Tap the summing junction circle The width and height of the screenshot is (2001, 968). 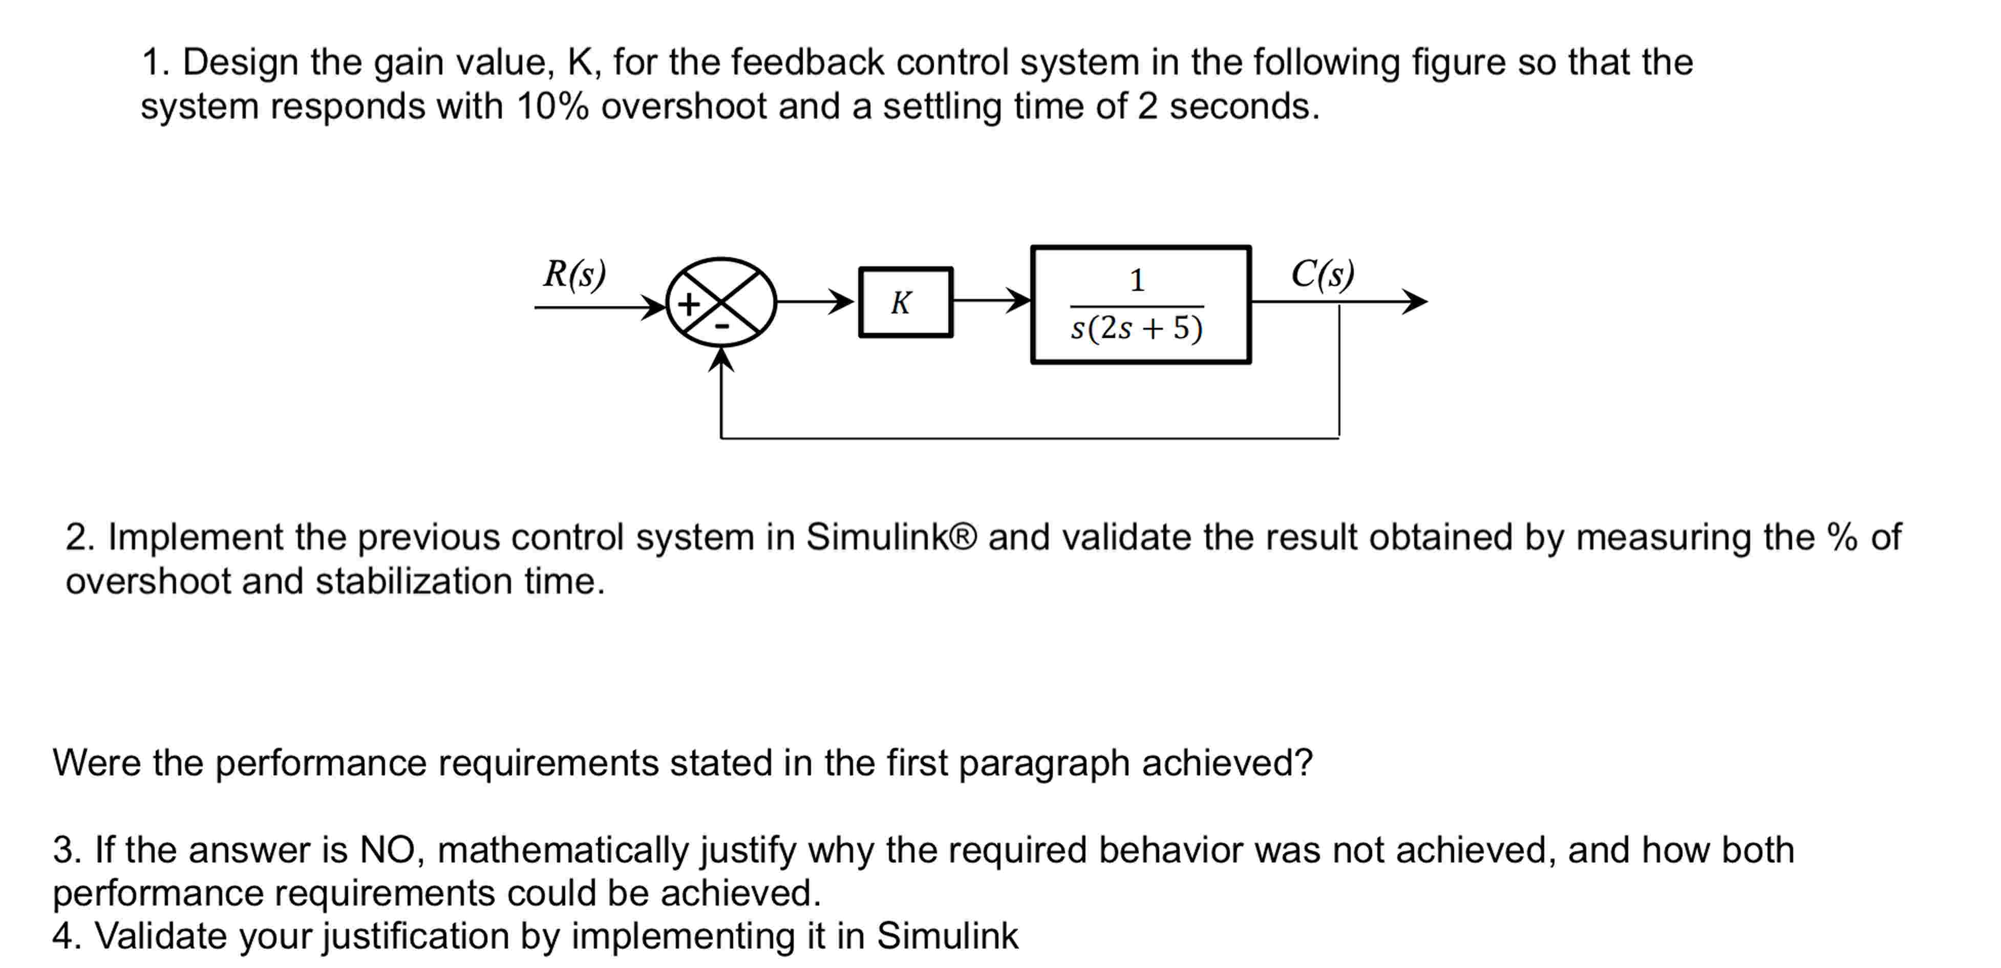click(721, 302)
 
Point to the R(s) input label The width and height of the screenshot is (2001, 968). click(574, 273)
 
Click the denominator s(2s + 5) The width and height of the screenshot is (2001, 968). click(1136, 328)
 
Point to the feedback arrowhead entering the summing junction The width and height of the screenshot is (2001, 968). click(721, 359)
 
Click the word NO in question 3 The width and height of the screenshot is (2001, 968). click(388, 849)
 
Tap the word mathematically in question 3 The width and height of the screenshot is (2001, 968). click(563, 849)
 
